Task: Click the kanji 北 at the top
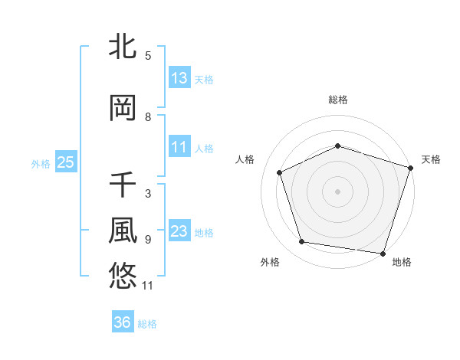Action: (123, 47)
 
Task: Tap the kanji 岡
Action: (123, 109)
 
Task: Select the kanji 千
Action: (123, 186)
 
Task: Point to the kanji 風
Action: (123, 230)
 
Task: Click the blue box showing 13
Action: (179, 78)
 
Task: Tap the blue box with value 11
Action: (179, 147)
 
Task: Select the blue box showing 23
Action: (179, 231)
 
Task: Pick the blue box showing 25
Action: (65, 162)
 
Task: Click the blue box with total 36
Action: (123, 323)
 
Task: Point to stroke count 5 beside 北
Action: (148, 55)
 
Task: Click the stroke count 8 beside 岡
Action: (148, 117)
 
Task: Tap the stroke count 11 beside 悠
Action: (148, 286)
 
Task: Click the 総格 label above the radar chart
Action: (338, 100)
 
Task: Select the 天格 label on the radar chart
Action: (431, 159)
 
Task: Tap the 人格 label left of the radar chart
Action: (245, 159)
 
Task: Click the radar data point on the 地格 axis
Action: (383, 253)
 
